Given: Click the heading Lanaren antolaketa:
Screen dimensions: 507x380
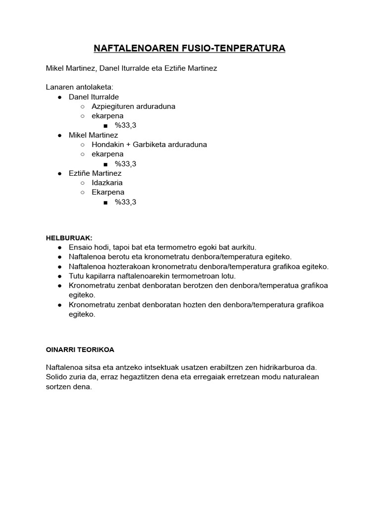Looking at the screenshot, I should (79, 87).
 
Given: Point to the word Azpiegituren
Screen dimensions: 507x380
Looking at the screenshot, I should (112, 106).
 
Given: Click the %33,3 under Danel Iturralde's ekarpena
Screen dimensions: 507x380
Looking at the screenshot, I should (125, 125).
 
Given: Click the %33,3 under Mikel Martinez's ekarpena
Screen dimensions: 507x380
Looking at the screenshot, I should (125, 164).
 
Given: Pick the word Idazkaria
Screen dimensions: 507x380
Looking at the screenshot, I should (107, 183).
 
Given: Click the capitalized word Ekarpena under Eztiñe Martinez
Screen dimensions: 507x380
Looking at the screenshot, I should (108, 192).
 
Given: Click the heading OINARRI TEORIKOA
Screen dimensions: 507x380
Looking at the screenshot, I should (80, 350).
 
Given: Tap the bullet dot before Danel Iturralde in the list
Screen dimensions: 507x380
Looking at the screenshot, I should (59, 97).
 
